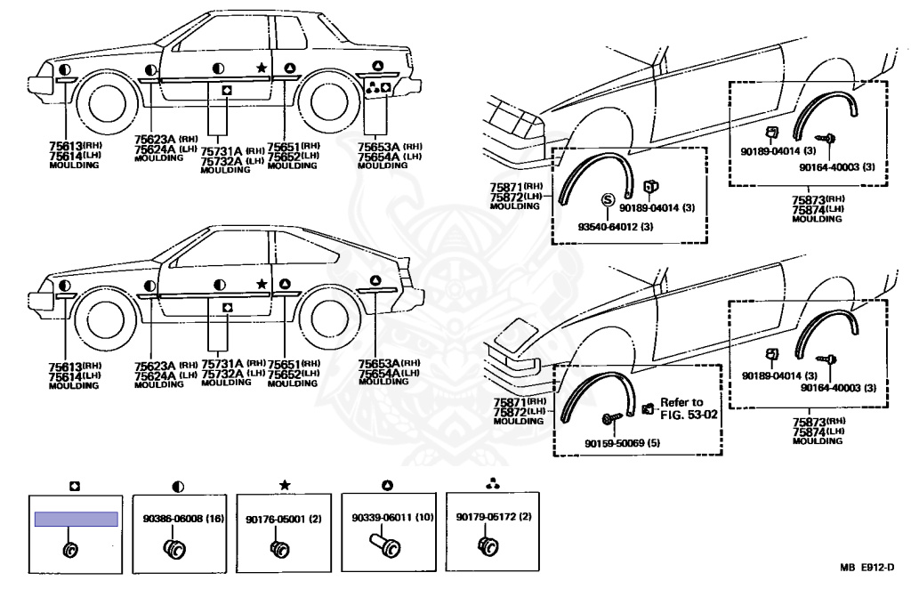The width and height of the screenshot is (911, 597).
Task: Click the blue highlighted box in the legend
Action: click(77, 519)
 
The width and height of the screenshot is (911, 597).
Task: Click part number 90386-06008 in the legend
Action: click(175, 519)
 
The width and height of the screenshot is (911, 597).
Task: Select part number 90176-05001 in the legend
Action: click(276, 519)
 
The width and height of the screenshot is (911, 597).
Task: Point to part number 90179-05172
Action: click(487, 516)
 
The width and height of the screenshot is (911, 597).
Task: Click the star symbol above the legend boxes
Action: click(285, 485)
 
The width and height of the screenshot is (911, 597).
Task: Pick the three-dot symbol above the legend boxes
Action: click(492, 484)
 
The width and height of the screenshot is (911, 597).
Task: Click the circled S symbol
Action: click(607, 200)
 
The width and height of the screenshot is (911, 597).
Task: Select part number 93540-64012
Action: click(608, 226)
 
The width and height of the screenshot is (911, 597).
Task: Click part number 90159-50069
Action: click(615, 443)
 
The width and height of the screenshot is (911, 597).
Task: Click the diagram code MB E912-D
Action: click(867, 568)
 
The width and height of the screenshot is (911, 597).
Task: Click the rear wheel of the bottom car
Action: click(327, 323)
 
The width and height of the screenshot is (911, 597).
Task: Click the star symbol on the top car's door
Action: click(262, 68)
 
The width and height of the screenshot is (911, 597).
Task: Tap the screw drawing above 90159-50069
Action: click(613, 418)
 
